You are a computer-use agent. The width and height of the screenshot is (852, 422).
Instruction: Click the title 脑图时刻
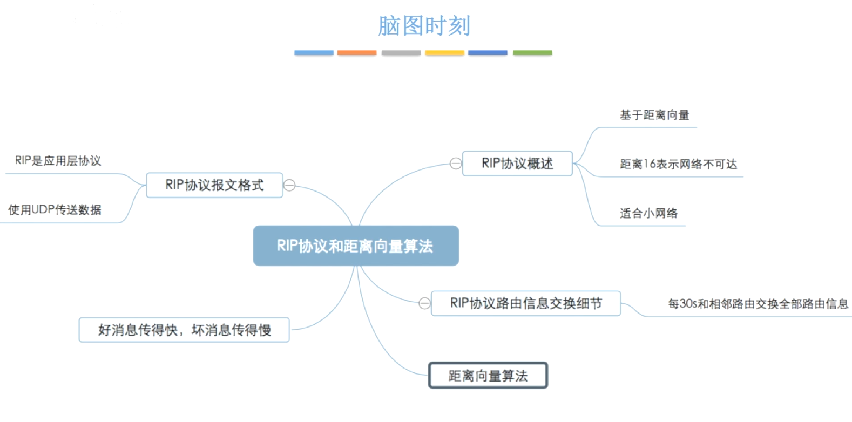coord(424,26)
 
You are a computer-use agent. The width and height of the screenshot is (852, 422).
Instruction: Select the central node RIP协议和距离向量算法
coord(355,246)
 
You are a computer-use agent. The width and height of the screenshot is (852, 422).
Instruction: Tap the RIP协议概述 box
coord(517,164)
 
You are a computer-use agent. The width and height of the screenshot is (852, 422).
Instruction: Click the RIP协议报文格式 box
coord(214,185)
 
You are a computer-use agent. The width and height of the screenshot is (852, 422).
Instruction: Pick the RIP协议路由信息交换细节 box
coord(525,303)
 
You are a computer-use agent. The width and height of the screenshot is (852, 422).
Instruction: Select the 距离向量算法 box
coord(488,376)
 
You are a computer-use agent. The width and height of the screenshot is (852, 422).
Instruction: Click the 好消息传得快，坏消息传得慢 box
coord(184,330)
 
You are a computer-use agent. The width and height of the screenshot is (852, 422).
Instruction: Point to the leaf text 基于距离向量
coord(654,115)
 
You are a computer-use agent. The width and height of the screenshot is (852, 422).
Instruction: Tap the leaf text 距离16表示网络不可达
coord(678,164)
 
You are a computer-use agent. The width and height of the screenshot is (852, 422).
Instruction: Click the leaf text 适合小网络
coord(648,213)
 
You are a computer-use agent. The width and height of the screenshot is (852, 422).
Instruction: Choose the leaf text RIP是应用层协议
coord(58,161)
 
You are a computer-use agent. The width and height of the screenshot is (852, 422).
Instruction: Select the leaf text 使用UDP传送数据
coord(55,210)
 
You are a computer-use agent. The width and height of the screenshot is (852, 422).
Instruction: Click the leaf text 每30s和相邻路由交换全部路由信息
coord(758,304)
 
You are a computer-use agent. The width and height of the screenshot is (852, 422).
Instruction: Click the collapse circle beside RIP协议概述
coord(456,164)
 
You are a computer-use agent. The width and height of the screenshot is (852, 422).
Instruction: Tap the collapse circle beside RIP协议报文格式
coord(290,185)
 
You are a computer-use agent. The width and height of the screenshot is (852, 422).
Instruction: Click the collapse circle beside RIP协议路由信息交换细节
coord(424,303)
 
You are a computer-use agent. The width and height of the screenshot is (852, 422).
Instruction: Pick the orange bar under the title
coord(357,53)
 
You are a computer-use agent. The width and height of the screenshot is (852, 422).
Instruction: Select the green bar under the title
coord(532,53)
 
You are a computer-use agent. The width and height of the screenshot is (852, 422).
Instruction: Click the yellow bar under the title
coord(444,53)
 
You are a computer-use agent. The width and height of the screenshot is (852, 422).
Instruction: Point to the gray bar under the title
coord(401,53)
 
